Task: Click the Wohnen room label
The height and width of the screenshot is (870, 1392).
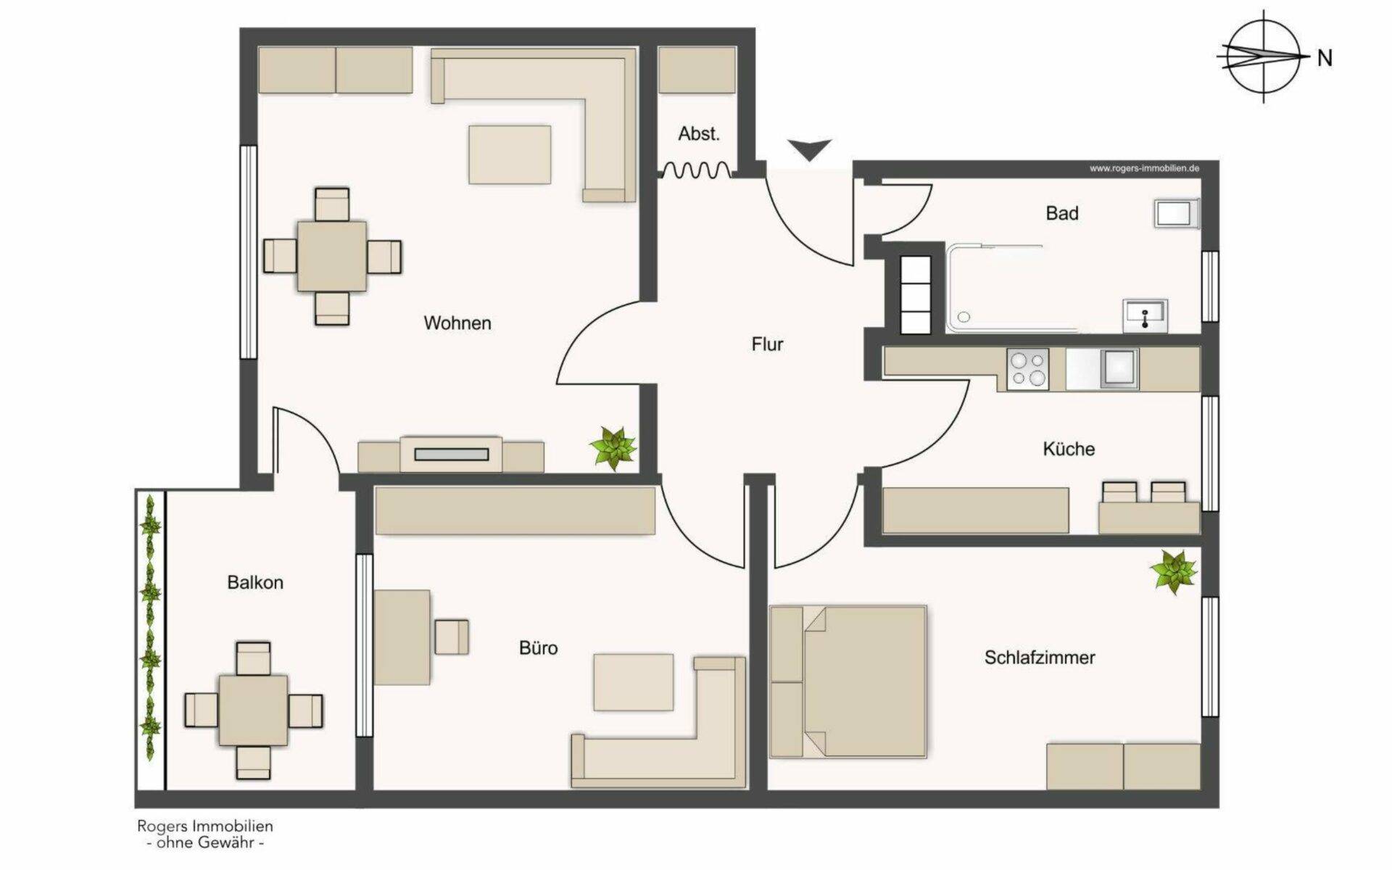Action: [x=457, y=323]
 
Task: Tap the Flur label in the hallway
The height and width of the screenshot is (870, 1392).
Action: [x=768, y=344]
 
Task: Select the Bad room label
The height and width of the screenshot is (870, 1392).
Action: [x=1062, y=213]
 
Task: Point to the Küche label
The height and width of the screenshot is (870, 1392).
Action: [x=1069, y=449]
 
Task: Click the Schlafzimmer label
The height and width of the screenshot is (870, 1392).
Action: [x=1040, y=658]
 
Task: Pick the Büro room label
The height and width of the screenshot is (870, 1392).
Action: [x=539, y=648]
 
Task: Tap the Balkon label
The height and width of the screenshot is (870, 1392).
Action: [x=255, y=583]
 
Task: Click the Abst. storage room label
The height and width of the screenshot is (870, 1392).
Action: [x=699, y=134]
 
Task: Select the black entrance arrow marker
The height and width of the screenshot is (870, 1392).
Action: [x=810, y=149]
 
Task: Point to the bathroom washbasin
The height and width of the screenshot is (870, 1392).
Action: [x=1144, y=316]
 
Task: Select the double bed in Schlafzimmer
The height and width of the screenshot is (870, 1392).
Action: [x=848, y=682]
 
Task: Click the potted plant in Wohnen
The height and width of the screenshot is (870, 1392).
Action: [x=613, y=447]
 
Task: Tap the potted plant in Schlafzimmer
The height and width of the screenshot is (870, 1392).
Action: [x=1174, y=571]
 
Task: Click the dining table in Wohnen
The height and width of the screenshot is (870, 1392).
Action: [x=332, y=257]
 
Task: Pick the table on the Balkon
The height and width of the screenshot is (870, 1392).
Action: [x=253, y=710]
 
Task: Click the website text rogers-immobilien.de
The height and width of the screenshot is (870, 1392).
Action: [x=1144, y=168]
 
